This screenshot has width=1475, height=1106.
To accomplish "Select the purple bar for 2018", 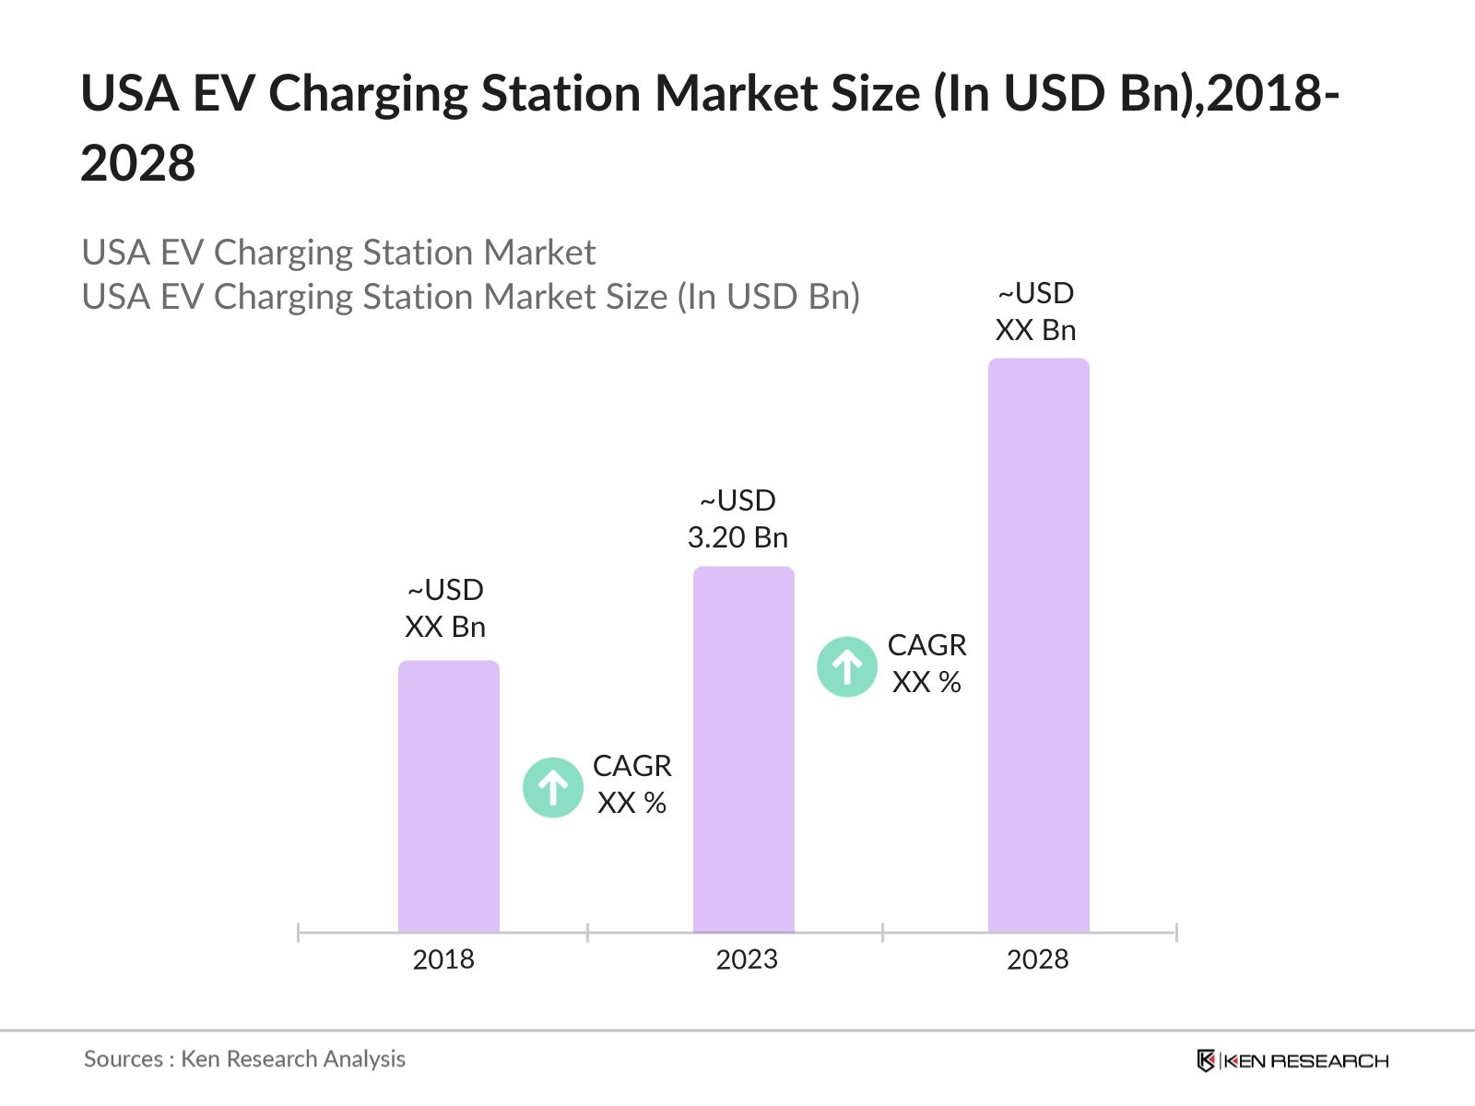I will (448, 797).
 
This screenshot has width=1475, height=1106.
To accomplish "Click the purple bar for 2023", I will (743, 749).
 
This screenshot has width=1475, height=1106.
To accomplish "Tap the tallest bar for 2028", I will (1038, 645).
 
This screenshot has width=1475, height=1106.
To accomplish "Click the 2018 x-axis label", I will (443, 959).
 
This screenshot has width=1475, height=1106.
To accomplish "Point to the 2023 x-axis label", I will (747, 959).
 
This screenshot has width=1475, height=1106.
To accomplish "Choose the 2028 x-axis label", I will (1037, 959).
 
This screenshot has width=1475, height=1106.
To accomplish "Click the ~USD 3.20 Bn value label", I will (737, 519).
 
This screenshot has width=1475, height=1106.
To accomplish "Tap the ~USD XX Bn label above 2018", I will (445, 608).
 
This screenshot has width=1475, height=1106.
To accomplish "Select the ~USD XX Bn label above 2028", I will (1035, 312).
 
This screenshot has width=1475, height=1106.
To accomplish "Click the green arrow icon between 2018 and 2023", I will (553, 787).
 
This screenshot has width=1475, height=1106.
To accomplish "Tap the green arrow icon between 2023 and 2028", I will (846, 666).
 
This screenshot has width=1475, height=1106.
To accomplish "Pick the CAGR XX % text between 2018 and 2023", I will (631, 784).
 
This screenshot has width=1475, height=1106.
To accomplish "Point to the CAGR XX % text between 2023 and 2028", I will (926, 664).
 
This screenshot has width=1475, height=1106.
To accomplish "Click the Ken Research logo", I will (1292, 1061).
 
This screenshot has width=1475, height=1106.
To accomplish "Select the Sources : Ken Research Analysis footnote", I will (244, 1059).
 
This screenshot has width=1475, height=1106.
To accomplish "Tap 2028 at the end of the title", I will (138, 164).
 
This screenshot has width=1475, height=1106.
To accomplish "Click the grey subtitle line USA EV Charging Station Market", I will (338, 253).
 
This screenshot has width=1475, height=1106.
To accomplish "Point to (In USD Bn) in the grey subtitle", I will (769, 297).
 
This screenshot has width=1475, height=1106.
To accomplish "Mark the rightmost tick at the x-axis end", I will (1176, 933).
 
